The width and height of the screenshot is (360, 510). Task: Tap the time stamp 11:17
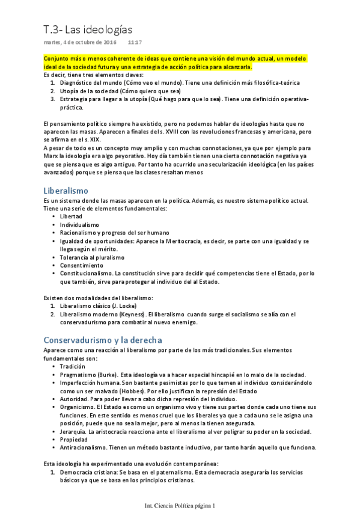tap(135, 43)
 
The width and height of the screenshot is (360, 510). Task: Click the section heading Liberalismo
tap(66, 190)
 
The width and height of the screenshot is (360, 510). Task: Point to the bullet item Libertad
tap(71, 216)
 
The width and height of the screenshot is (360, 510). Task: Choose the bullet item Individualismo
tap(79, 224)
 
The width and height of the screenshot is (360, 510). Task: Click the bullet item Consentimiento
tap(81, 265)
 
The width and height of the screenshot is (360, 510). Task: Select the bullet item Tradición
tap(73, 366)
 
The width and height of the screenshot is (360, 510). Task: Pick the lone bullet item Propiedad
tap(75, 439)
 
